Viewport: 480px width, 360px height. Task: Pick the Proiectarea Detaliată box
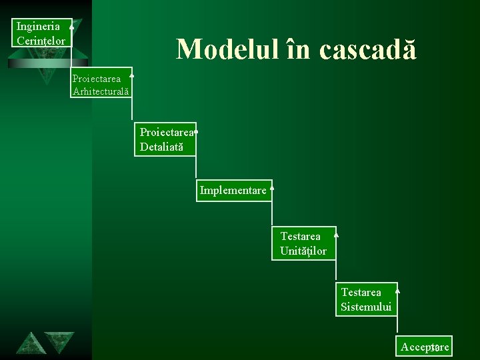click(165, 139)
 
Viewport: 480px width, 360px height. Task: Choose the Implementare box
click(233, 191)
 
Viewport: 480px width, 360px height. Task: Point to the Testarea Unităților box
click(303, 243)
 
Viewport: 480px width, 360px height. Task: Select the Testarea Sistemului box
click(366, 299)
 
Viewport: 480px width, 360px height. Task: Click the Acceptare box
click(425, 347)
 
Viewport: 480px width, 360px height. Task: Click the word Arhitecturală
click(101, 91)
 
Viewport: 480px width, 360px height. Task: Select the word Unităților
click(303, 251)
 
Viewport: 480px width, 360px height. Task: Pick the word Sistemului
click(366, 307)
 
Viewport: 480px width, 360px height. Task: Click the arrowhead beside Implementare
click(273, 189)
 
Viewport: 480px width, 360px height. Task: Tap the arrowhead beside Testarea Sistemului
click(397, 290)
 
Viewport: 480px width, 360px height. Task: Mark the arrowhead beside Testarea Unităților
click(336, 235)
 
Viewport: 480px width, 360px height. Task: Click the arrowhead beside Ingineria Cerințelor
click(71, 26)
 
